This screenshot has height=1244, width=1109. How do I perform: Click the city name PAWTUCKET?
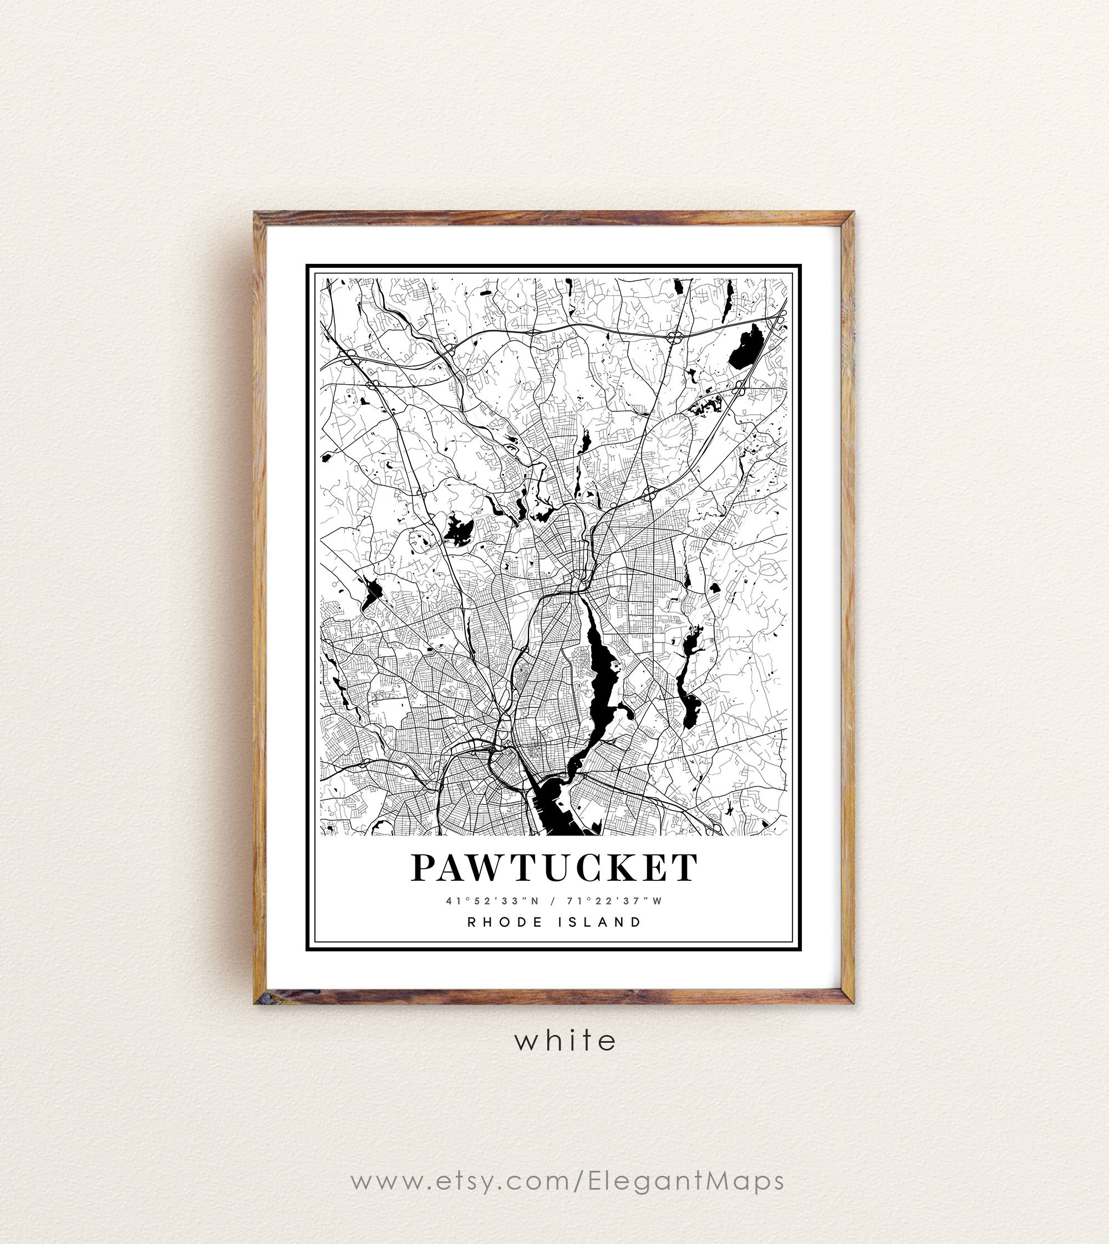[554, 868]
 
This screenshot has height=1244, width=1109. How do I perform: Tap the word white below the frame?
[566, 1040]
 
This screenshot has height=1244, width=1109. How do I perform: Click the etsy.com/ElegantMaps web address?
[567, 1181]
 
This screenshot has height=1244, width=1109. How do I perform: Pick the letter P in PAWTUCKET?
[425, 868]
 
